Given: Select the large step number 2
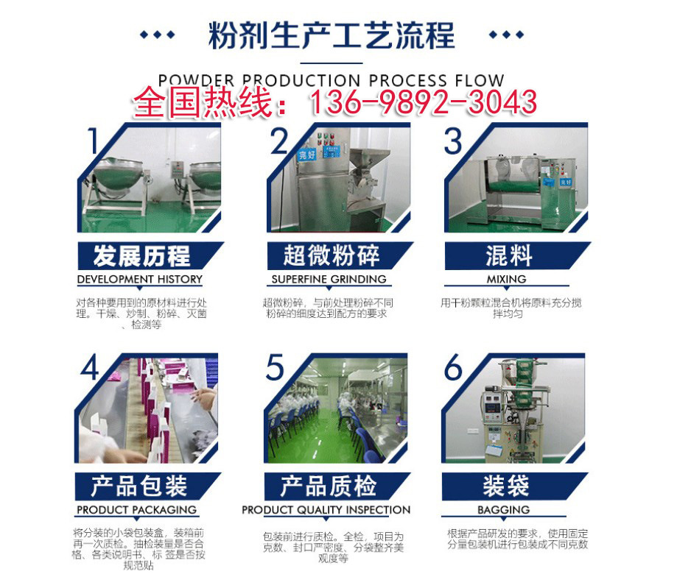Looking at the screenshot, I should tap(279, 141).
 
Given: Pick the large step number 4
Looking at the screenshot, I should tap(90, 367).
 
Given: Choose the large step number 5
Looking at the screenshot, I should tap(275, 367).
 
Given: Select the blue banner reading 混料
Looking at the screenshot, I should tap(508, 256).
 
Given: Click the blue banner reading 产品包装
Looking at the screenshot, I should tap(139, 486).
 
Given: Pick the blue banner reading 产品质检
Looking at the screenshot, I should tap(329, 486).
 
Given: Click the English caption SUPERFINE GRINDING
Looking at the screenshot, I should tap(329, 280).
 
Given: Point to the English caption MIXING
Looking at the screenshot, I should tap(506, 280).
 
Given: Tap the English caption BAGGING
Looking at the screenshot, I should tap(503, 509).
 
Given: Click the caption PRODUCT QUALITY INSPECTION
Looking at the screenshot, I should tap(326, 509).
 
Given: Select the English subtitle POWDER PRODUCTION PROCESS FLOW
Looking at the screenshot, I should tap(332, 80).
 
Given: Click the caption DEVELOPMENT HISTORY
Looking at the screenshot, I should tap(139, 280).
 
